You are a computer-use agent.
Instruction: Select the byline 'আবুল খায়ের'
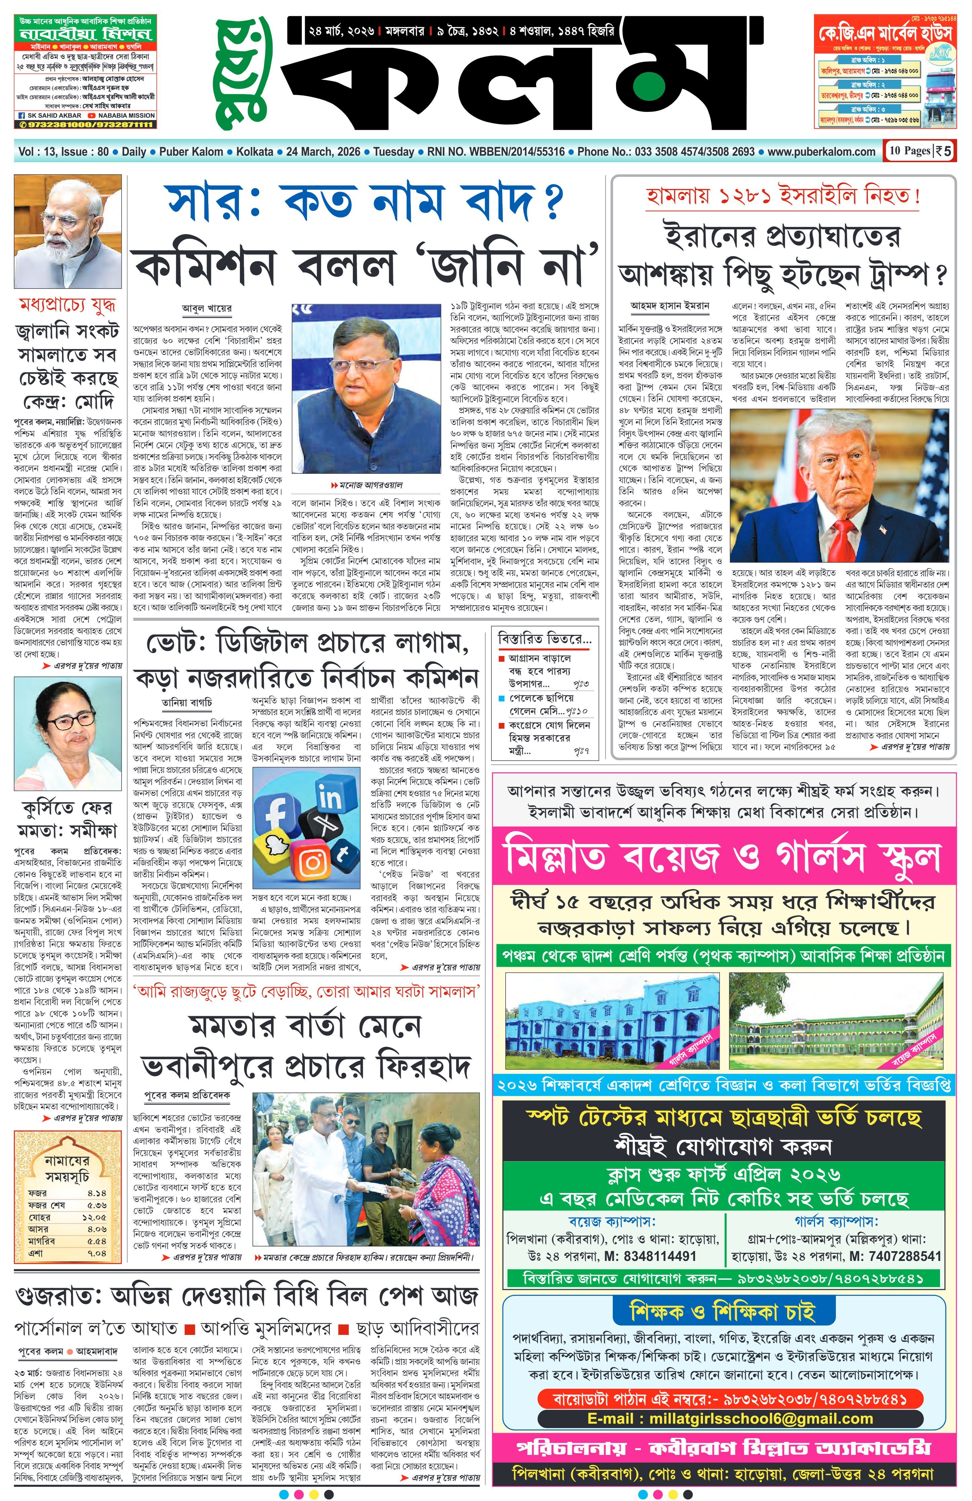coord(207,308)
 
